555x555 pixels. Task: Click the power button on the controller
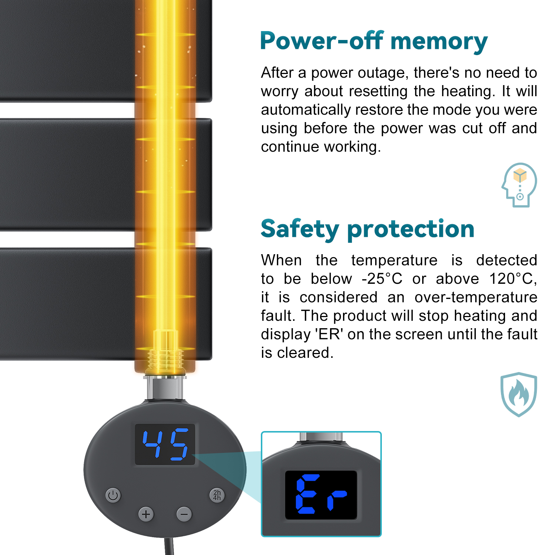point(113,495)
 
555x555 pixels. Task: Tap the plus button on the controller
point(146,514)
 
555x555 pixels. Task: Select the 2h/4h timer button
point(217,495)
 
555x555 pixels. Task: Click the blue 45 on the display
point(165,444)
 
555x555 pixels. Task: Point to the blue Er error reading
point(321,494)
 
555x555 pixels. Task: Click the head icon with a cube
point(519,185)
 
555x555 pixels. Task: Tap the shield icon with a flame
point(519,394)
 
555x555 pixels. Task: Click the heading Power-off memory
point(374,41)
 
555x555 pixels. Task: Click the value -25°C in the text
point(382,279)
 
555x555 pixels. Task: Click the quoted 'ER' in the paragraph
point(329,334)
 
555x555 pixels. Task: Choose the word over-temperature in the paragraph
point(476,297)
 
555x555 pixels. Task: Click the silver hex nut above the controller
point(165,387)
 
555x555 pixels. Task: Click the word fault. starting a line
point(278,316)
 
